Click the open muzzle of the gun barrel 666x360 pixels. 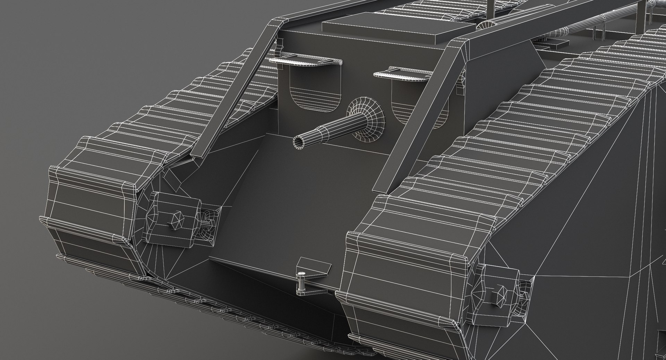[x=299, y=141]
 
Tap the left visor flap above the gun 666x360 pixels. [x=305, y=61]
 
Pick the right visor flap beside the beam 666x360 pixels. [x=402, y=74]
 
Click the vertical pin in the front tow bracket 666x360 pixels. [x=300, y=281]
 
